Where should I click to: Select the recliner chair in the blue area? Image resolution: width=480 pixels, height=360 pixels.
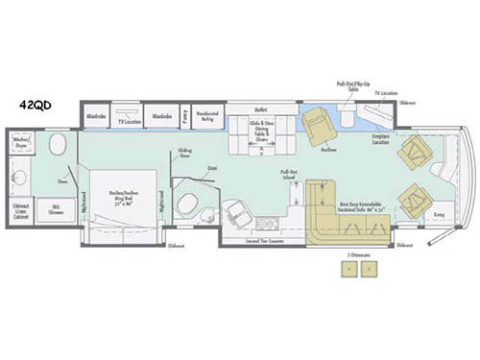[x=318, y=123]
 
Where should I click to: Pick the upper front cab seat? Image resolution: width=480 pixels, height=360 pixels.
[x=415, y=152]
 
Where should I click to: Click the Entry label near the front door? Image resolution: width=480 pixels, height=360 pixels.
[x=439, y=216]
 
